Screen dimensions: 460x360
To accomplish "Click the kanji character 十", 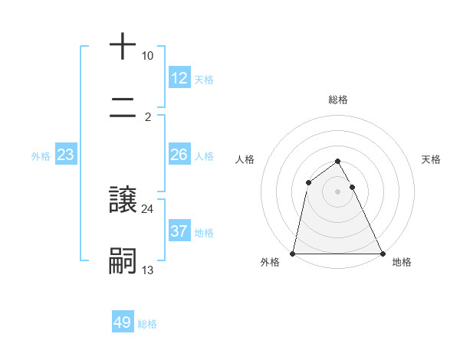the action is (x=123, y=47).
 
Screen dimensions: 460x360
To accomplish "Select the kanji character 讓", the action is (x=123, y=200).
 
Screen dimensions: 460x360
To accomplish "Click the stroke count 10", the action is (x=148, y=56).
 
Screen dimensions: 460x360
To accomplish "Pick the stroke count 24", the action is (x=148, y=208).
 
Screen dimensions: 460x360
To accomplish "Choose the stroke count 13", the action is (x=148, y=270).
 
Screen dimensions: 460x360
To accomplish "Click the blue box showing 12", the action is (x=179, y=78).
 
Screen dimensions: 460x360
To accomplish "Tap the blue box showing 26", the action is (x=179, y=155).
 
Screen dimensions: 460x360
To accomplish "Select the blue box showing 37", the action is (x=179, y=231).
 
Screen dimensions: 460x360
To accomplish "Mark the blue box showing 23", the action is (x=66, y=155).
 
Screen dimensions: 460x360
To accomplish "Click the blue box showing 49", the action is (x=123, y=322).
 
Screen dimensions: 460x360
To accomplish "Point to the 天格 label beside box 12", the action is (x=204, y=79).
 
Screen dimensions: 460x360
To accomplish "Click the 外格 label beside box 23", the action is (x=41, y=156).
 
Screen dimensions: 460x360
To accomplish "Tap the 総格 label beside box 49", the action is (x=147, y=323).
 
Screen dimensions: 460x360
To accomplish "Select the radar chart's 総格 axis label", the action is (x=338, y=100).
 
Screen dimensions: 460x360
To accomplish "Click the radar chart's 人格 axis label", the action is (x=245, y=159).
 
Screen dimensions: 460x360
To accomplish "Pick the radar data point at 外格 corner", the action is (x=293, y=253).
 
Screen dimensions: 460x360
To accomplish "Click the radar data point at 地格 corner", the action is (x=382, y=253).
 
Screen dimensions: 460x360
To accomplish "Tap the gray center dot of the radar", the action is (x=338, y=191).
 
